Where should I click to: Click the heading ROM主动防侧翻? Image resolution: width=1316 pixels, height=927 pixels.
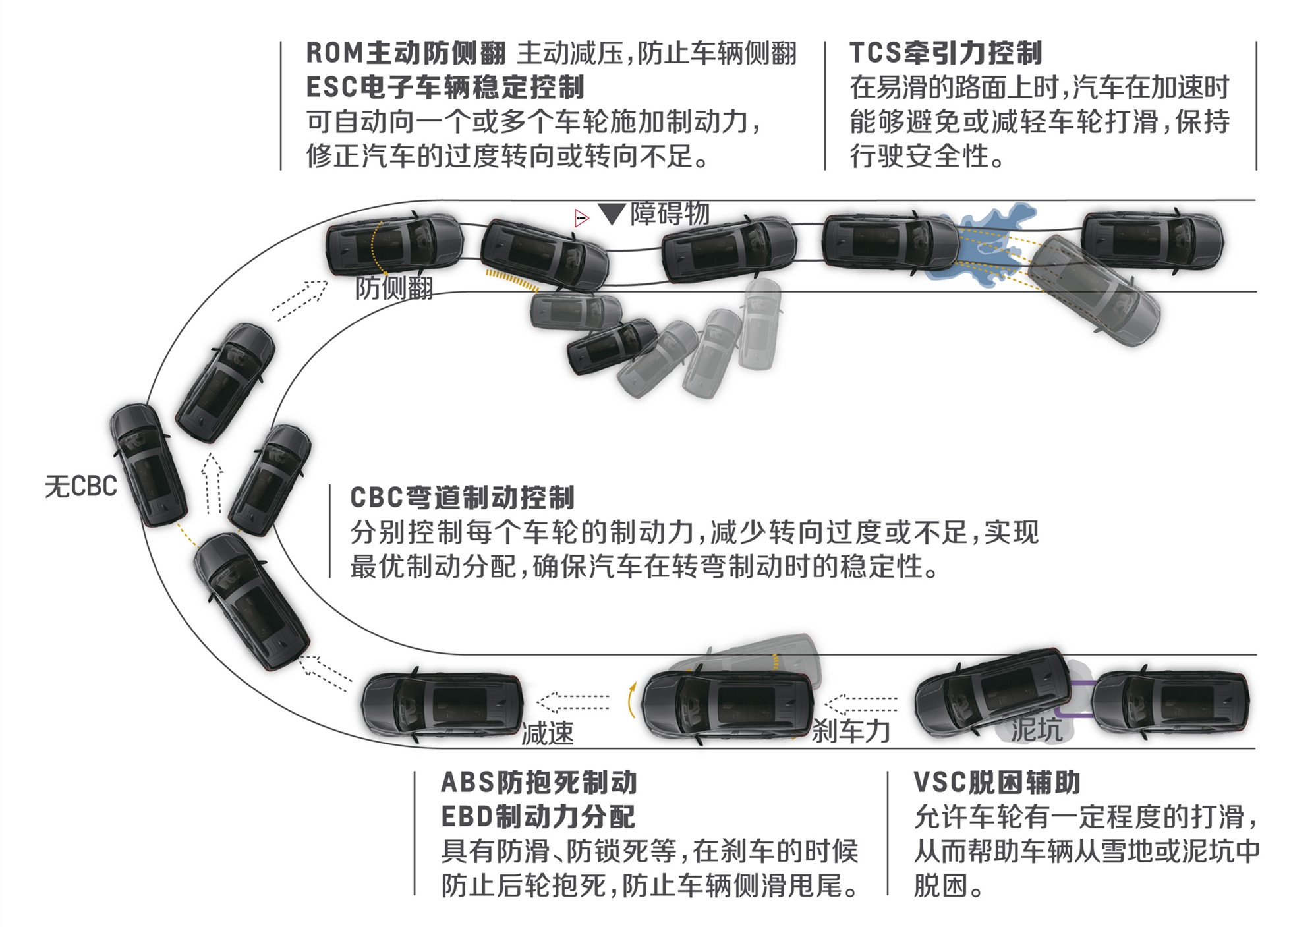tap(405, 53)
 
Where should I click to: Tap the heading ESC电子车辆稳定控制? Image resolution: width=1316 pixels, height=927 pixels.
tap(445, 87)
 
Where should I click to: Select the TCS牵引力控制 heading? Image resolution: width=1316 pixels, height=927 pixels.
tap(946, 53)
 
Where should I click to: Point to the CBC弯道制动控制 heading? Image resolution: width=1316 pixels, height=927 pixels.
tap(462, 497)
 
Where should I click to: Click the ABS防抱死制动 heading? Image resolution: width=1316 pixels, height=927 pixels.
tap(538, 782)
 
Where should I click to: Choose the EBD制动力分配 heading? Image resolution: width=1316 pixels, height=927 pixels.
tap(538, 816)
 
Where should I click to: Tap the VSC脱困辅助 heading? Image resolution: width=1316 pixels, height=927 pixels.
tap(996, 782)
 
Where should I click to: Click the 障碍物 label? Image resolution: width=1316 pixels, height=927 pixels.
tap(670, 213)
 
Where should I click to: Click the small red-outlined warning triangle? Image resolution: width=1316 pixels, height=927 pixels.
tap(581, 217)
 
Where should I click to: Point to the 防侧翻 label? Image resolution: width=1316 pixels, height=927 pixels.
tap(394, 288)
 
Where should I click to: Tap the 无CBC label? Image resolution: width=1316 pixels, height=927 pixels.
tap(80, 486)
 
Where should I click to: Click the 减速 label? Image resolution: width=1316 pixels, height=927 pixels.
tap(547, 733)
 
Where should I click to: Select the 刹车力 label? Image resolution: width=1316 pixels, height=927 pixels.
tap(850, 731)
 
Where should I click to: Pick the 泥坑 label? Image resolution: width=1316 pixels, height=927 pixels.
tap(1036, 729)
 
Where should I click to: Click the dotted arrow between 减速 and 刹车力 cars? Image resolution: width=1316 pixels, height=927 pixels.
tap(573, 702)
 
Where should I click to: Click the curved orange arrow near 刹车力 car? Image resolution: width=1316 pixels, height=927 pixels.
tap(631, 700)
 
